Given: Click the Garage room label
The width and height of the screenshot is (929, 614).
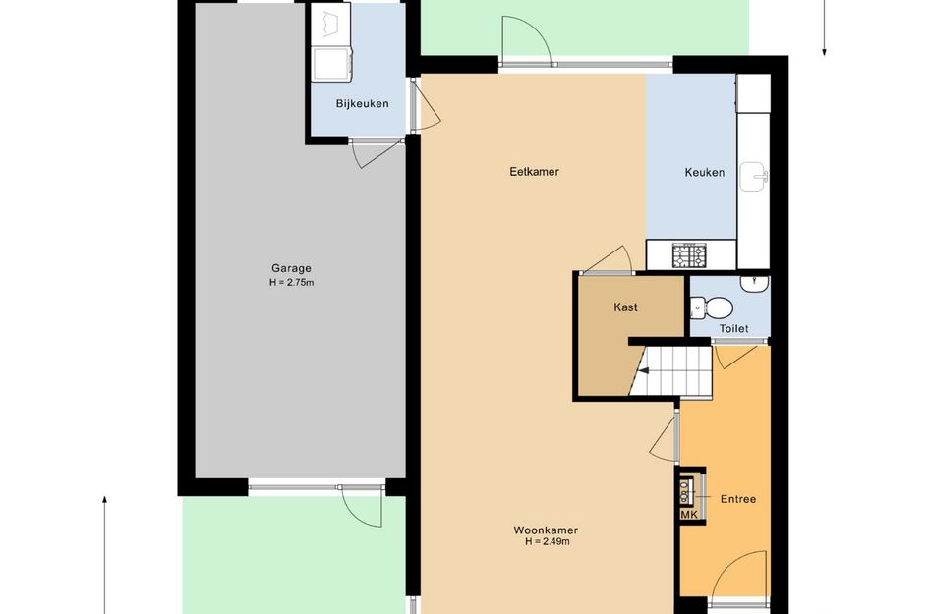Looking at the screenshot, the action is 291,269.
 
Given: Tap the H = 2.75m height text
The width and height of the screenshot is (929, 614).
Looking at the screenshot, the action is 292,282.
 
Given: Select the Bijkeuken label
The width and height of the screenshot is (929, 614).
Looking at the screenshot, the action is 362,103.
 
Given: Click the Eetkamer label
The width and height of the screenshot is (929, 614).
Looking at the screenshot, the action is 535,172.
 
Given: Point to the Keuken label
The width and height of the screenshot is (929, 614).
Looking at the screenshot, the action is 705,172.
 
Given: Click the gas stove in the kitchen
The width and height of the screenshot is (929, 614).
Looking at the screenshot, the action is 690,255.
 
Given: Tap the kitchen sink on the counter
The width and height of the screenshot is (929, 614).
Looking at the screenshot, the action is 754,177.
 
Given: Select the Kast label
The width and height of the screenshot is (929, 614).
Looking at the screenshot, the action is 625,307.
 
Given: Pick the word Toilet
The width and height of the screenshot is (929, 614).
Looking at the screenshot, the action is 733,328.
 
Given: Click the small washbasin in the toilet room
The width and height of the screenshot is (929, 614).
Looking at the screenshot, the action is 754,283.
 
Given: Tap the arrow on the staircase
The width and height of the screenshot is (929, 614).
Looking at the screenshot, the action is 642,371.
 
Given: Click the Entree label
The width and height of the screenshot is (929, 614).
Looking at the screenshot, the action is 738,499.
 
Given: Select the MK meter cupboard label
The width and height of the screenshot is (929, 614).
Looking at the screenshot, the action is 689,515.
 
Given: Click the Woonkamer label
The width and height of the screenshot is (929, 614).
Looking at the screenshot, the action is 546,530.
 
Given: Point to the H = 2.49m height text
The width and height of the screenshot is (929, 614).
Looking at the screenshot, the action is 548,541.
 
